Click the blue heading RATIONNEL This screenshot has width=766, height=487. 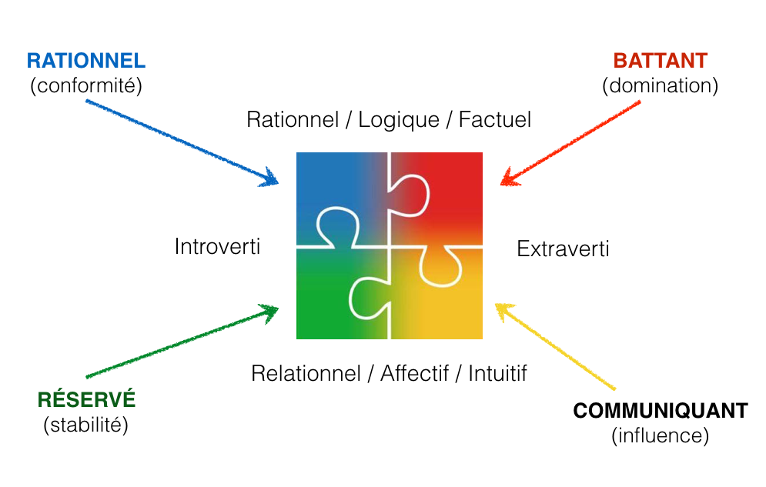86,61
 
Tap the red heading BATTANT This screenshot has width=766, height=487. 660,61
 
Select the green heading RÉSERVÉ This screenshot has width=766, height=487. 86,399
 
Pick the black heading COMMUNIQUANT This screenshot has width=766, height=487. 660,410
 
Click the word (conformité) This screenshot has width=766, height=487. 86,85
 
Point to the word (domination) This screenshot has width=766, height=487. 660,85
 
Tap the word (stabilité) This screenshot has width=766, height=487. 86,424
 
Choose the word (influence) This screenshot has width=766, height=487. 660,435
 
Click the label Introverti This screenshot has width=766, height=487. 217,247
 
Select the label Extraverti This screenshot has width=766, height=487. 563,249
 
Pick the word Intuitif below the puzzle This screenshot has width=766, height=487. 497,373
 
